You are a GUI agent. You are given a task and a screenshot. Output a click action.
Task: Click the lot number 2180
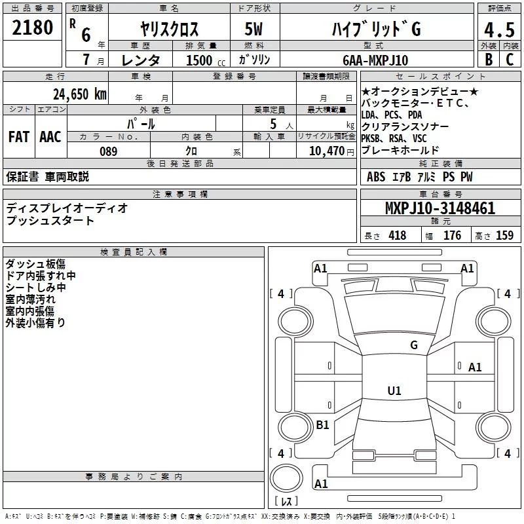(32, 28)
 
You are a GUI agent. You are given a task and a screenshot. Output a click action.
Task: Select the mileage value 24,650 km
(79, 94)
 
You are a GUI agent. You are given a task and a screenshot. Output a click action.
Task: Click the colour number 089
(108, 151)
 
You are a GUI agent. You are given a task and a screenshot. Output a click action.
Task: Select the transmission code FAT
(18, 136)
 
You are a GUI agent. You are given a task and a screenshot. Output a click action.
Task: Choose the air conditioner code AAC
(50, 136)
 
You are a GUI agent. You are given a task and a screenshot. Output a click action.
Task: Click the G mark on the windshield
(413, 345)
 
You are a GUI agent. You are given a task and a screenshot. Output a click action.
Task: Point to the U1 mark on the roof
(394, 391)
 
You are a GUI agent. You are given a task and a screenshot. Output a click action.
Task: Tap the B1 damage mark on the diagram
(322, 425)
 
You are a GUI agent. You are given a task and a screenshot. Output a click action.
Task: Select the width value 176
(452, 236)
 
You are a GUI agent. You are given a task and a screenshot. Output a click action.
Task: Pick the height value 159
(504, 236)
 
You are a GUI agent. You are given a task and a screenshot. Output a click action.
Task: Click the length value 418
(397, 236)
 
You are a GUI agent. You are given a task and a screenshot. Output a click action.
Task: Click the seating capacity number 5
(271, 123)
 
